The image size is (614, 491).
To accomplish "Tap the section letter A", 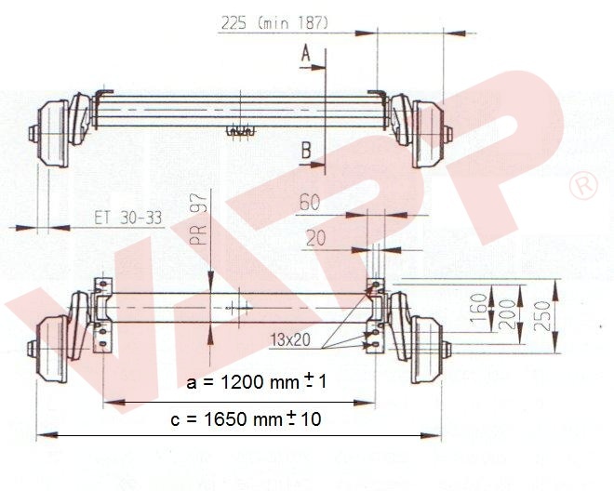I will pos(305,55).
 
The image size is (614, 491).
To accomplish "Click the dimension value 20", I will pos(316,238).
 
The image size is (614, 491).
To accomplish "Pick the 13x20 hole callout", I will pos(291,339).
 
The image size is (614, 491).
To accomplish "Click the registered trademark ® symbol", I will pos(585,186).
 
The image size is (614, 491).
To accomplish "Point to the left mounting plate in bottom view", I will pos(102,316).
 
